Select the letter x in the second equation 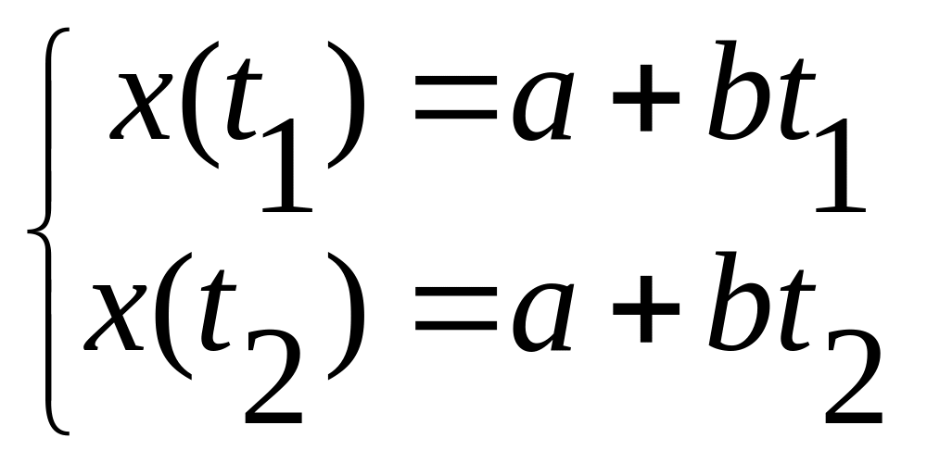point(116,319)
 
